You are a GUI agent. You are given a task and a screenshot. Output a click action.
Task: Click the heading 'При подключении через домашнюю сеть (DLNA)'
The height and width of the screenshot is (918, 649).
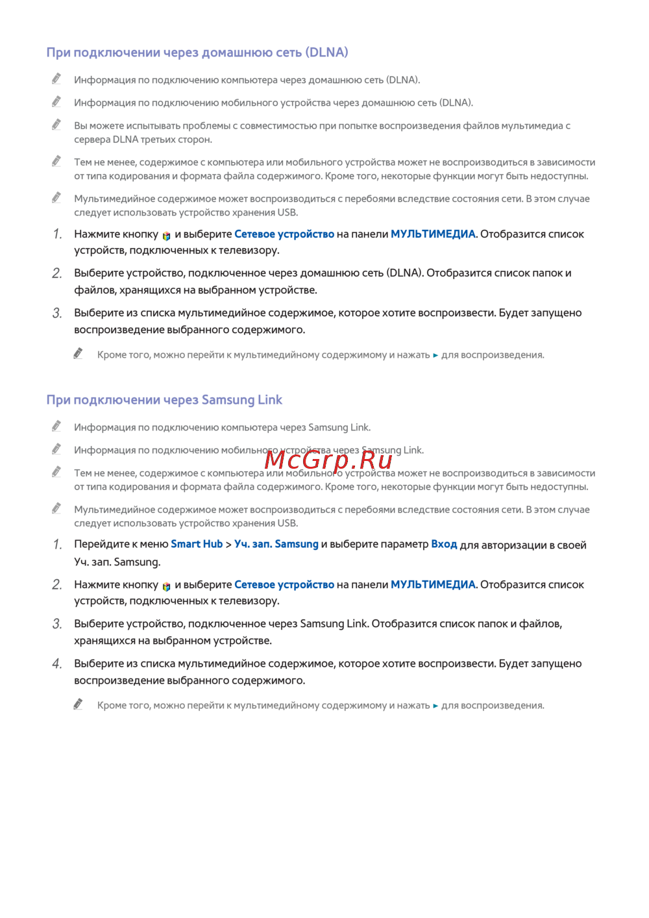(x=197, y=53)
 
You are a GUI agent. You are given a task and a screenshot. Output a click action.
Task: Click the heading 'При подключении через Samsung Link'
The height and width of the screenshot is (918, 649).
(x=164, y=400)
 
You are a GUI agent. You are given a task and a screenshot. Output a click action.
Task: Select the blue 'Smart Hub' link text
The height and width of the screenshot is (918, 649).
(x=197, y=544)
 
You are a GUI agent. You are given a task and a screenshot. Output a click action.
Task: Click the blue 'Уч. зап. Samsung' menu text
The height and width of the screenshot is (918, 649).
(x=276, y=544)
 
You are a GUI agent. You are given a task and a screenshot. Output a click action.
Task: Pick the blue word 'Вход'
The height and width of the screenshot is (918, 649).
(x=444, y=544)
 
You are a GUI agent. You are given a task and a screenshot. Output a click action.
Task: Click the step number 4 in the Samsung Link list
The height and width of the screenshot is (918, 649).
(x=57, y=664)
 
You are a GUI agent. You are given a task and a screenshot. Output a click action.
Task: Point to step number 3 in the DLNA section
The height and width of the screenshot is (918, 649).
(x=57, y=313)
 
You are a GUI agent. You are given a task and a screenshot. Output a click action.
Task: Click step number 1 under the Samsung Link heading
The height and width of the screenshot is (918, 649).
(x=57, y=544)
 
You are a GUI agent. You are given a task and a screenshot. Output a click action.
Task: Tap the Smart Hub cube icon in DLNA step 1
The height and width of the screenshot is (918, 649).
(x=167, y=236)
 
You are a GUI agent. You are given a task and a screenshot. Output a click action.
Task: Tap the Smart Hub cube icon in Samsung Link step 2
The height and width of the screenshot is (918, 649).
(x=167, y=586)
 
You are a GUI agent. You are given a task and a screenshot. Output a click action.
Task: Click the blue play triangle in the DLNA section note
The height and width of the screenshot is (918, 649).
(x=435, y=355)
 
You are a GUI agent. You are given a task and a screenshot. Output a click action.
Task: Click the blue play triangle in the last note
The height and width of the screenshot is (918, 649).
(x=435, y=706)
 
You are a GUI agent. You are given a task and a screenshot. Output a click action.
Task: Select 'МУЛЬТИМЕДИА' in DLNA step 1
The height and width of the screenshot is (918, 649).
(x=433, y=234)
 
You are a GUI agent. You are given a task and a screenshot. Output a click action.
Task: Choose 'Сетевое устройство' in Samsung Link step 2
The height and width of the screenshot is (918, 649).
(x=284, y=584)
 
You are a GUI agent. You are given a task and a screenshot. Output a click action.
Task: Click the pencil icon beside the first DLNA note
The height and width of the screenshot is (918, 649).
(x=56, y=79)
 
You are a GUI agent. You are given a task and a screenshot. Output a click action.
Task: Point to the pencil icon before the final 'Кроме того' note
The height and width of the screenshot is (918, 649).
(x=78, y=704)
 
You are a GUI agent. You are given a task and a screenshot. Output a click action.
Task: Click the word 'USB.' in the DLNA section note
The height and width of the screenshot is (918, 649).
(x=288, y=212)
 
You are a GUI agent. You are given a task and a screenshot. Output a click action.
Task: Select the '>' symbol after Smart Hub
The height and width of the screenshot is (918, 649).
(x=228, y=545)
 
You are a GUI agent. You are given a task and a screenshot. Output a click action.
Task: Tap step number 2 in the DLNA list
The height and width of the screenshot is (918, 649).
(x=57, y=273)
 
